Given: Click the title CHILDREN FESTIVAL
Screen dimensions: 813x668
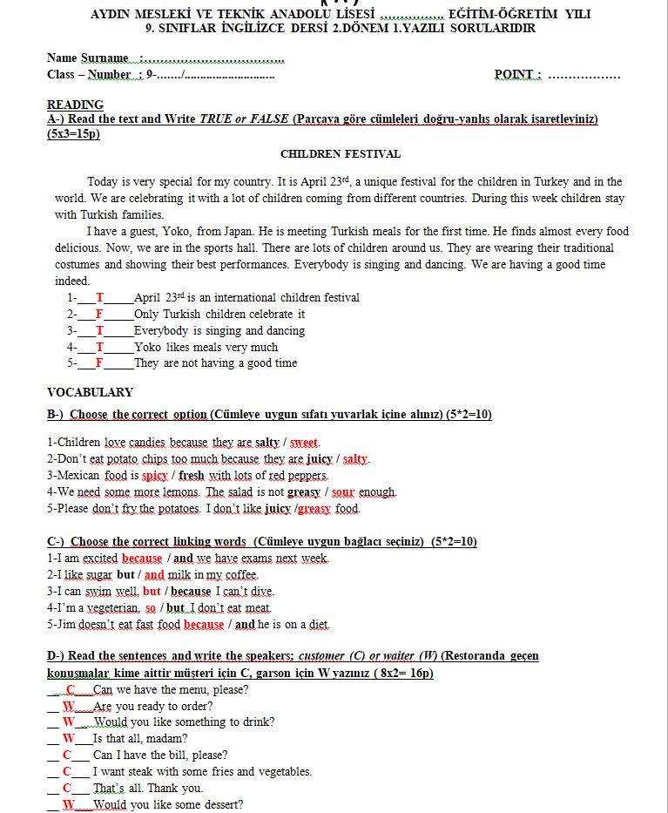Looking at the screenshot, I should click(341, 154).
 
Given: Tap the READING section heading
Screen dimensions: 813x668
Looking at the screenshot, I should click(75, 105).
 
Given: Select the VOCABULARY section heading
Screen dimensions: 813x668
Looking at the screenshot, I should click(90, 392).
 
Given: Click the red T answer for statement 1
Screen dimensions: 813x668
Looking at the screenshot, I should click(99, 298).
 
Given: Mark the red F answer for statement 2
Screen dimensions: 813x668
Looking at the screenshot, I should click(99, 315).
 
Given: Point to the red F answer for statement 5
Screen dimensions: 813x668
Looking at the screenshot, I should click(99, 363).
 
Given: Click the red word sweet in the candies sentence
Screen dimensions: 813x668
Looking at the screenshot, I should click(304, 443).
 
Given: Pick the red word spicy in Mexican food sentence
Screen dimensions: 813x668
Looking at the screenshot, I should click(154, 476).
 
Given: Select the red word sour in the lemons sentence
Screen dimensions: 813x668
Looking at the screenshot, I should click(342, 492).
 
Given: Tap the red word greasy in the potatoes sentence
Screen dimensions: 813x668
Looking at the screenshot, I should click(314, 509).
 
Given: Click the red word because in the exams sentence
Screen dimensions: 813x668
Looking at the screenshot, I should click(142, 559).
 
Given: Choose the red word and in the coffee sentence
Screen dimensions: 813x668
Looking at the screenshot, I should click(154, 575).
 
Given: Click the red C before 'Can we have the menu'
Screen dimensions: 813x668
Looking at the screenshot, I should click(71, 690).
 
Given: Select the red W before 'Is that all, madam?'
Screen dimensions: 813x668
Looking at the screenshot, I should click(68, 739).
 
